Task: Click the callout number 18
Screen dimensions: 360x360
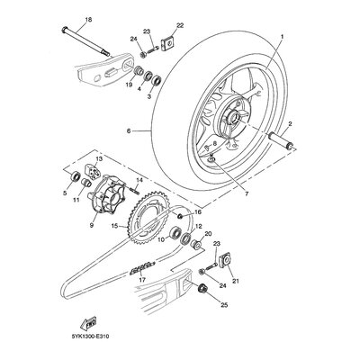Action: [x=88, y=20]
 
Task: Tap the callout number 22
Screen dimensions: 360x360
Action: [x=180, y=25]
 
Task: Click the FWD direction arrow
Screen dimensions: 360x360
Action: [x=87, y=323]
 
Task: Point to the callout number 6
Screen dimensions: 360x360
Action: [x=129, y=131]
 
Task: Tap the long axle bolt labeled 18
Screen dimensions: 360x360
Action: [x=86, y=41]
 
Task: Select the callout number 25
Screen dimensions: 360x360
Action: [x=224, y=305]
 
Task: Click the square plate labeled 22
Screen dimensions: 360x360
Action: [x=168, y=44]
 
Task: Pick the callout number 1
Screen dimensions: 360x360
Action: [x=282, y=37]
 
